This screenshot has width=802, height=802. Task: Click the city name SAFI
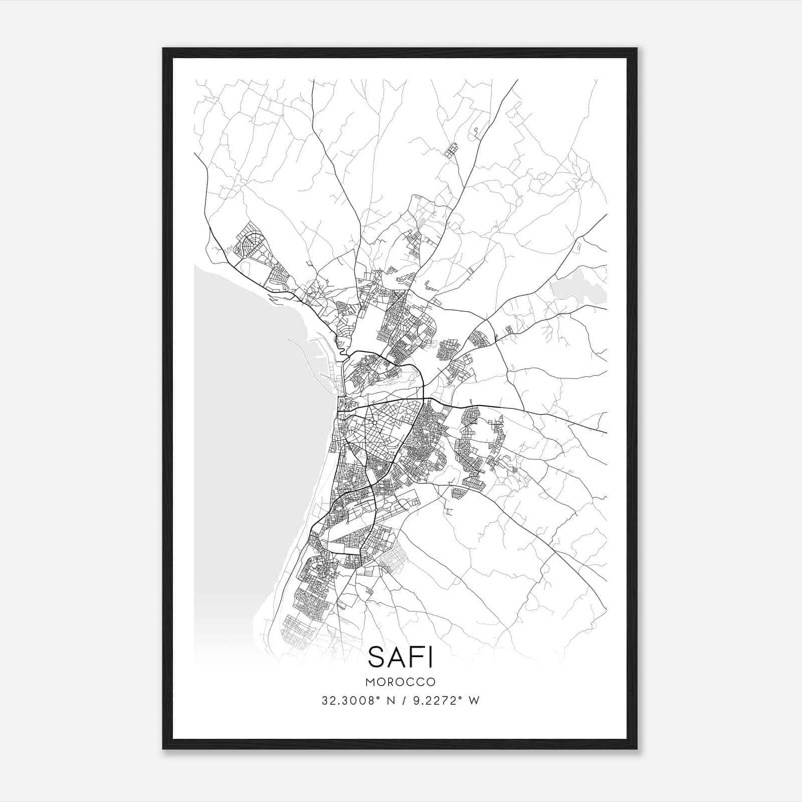400,657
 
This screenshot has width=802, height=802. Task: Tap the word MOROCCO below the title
400,682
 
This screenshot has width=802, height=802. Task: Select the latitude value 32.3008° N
354,701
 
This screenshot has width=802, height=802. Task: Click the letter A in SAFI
393,657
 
